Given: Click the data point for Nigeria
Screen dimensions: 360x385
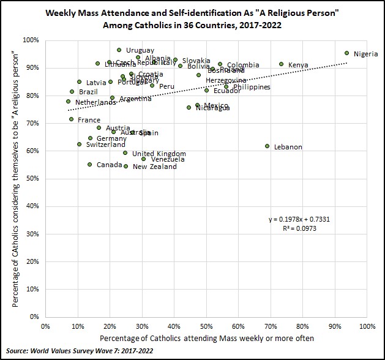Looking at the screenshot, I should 346,53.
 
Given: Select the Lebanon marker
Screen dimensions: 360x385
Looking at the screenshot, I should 267,146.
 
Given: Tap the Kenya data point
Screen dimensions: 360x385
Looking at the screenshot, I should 282,64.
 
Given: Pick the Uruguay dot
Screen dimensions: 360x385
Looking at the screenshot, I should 119,50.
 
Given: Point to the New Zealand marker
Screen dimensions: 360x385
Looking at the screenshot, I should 126,166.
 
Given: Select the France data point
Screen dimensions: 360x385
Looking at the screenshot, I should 71,119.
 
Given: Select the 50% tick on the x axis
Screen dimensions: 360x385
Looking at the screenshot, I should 206,326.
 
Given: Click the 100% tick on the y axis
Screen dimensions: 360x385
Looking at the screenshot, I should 31,40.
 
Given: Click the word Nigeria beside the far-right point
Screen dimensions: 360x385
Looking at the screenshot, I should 365,54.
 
